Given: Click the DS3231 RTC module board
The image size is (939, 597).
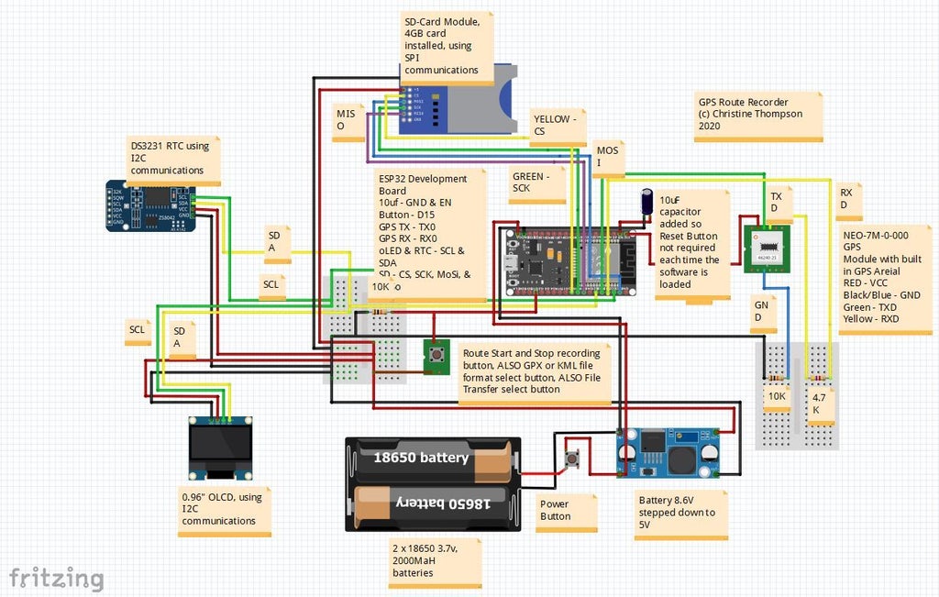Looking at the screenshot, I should click(152, 206).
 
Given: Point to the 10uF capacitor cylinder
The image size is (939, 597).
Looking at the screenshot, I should click(648, 205).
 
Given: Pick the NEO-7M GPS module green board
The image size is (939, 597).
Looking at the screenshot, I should click(768, 249).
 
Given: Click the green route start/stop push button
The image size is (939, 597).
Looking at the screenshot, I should click(436, 356).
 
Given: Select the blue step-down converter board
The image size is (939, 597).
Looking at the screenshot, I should click(668, 451).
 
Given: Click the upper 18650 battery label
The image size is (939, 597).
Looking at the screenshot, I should click(421, 457).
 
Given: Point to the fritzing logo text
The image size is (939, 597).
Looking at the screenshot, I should click(56, 578).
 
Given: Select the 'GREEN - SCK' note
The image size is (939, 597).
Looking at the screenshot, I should click(537, 183).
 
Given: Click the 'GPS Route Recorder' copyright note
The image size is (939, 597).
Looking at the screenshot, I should click(757, 114).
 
